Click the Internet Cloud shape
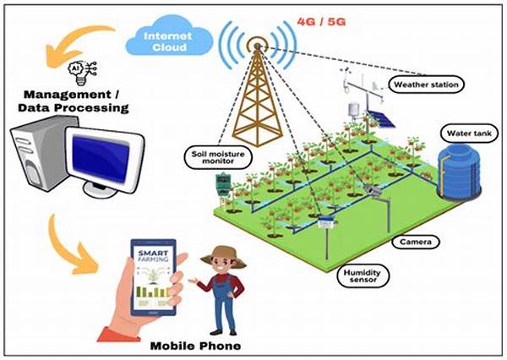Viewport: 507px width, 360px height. [x=169, y=37]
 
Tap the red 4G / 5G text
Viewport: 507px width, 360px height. [x=321, y=22]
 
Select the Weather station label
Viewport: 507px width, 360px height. [x=426, y=85]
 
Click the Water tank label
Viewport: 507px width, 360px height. [x=469, y=134]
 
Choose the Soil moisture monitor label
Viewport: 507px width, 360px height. [x=218, y=157]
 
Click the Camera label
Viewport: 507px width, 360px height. [x=416, y=242]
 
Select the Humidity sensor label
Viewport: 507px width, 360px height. [x=362, y=276]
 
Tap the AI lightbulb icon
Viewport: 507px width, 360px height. [x=82, y=73]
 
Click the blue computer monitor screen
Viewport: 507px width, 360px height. [x=101, y=158]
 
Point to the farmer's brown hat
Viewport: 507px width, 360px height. [x=222, y=256]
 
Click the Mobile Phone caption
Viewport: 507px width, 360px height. [x=195, y=346]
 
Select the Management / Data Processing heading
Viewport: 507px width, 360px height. [x=73, y=101]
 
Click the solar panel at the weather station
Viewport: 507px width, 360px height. [x=380, y=118]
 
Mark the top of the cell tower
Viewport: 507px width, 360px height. [x=257, y=46]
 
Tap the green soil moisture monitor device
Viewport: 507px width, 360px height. [x=223, y=183]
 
